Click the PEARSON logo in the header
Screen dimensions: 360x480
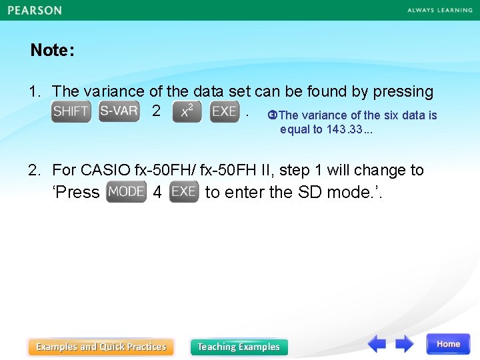(35, 10)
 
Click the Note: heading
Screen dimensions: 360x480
(52, 51)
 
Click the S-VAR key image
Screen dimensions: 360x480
(119, 111)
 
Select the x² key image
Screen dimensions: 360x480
(187, 112)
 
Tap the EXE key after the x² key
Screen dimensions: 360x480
(224, 111)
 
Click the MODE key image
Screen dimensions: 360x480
(126, 192)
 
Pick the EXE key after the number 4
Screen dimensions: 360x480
(183, 192)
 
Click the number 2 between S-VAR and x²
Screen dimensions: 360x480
(156, 111)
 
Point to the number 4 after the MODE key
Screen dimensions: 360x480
(157, 193)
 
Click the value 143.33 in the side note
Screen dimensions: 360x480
(343, 129)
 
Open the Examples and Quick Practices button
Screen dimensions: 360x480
(101, 347)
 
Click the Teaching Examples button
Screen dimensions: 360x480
(239, 347)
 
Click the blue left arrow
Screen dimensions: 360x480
(377, 344)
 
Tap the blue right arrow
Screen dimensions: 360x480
(404, 344)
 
